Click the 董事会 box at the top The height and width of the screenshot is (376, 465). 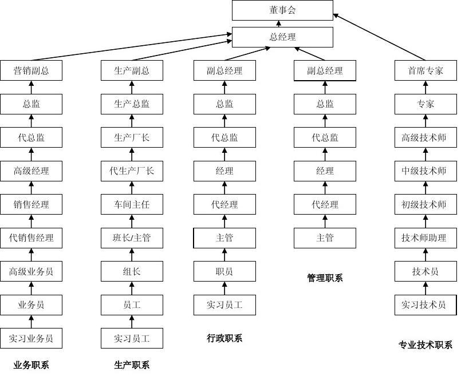coord(282,10)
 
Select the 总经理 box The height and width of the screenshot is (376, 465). coord(282,37)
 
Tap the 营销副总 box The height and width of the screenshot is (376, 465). coord(31,71)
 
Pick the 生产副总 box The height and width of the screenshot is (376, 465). coord(132,71)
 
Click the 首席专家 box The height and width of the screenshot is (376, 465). coord(425,71)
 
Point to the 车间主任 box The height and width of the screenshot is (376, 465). coord(132,204)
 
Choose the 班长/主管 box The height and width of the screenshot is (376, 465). coord(132,238)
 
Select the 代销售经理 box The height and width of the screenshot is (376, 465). coord(31,238)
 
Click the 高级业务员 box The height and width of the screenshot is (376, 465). coord(31,271)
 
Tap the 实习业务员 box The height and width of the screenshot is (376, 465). coord(31,338)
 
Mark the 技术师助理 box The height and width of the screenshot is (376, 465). coord(425,238)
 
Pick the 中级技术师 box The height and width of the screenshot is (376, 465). coord(425,171)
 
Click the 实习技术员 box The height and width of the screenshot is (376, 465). coord(425,304)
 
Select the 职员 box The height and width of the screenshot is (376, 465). coord(224,271)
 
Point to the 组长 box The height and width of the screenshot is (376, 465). coord(132,271)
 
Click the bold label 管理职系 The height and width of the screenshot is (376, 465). coord(325,278)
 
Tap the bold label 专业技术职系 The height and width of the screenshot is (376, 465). coord(425,345)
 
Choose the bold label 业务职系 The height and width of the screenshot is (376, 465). coord(31,365)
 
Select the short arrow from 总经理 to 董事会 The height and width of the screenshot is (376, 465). coord(279,24)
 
